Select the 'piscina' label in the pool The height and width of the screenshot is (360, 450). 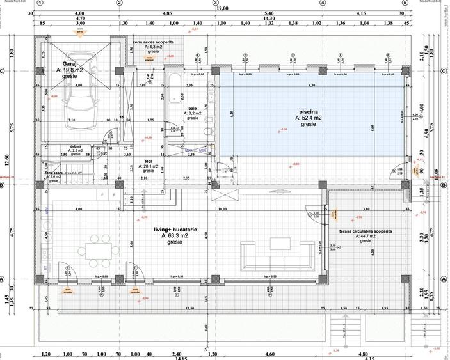pyautogui.click(x=309, y=111)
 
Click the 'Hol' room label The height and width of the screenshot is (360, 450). pyautogui.click(x=148, y=160)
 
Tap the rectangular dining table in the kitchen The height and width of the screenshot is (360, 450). pyautogui.click(x=100, y=249)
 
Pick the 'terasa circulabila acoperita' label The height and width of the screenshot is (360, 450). pyautogui.click(x=366, y=231)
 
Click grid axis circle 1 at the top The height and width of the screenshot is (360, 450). pyautogui.click(x=40, y=3)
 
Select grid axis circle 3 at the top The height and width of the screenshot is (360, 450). pyautogui.click(x=215, y=3)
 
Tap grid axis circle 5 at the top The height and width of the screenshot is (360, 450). pyautogui.click(x=405, y=3)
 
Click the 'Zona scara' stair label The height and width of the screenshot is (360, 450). pyautogui.click(x=54, y=173)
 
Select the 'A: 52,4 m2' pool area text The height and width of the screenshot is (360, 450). pyautogui.click(x=309, y=118)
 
